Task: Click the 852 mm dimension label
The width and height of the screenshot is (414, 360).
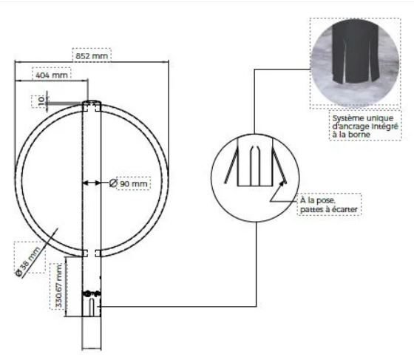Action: (x=92, y=56)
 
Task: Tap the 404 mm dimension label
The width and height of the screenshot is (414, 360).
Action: (x=52, y=75)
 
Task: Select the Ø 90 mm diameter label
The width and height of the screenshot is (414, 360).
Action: (x=129, y=183)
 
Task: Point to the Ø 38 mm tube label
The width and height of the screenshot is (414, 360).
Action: (x=28, y=261)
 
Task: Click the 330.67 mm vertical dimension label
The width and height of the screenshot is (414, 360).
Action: (x=59, y=286)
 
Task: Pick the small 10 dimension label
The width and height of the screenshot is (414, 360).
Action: (x=41, y=101)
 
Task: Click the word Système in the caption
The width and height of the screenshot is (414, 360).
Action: (x=347, y=118)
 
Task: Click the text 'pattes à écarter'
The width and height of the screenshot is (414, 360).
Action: (x=329, y=209)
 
